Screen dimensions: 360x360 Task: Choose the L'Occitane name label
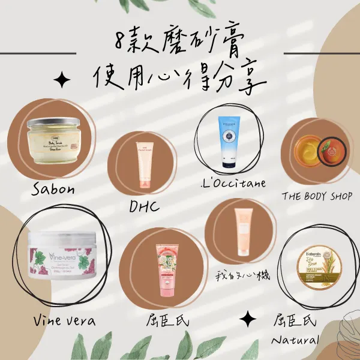coord(234,182)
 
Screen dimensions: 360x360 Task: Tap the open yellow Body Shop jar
coord(306,151)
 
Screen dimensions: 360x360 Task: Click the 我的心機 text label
coord(243,275)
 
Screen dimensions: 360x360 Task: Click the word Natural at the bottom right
coord(294,341)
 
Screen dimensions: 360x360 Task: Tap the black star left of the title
coord(61,80)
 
